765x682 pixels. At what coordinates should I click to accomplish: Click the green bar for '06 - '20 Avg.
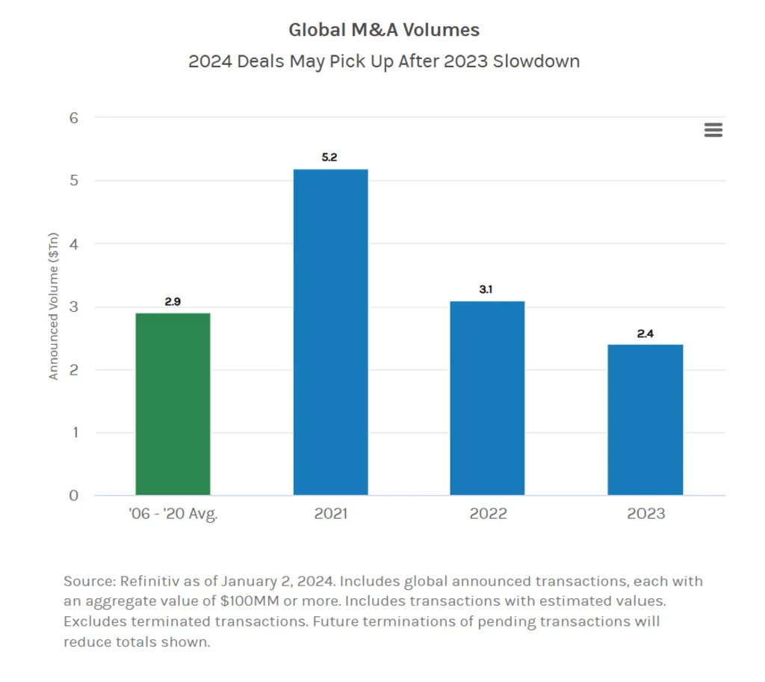[173, 404]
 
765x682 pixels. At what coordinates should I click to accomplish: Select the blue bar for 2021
[330, 332]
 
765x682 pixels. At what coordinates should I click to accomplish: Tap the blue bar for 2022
[487, 398]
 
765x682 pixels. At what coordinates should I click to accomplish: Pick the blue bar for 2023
[645, 420]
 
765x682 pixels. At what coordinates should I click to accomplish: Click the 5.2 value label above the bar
[330, 158]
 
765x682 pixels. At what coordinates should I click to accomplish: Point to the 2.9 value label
[173, 302]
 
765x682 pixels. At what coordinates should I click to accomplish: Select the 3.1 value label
[486, 289]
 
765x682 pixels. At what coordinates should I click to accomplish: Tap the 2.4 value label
[645, 334]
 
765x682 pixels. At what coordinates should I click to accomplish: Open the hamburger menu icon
[713, 130]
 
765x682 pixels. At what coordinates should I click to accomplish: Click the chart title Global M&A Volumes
[384, 31]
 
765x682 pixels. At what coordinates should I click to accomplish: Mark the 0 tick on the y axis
[75, 495]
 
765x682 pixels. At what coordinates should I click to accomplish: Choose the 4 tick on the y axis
[75, 244]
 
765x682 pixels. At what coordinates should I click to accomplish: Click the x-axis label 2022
[488, 514]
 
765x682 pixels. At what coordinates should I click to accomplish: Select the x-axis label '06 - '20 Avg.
[173, 514]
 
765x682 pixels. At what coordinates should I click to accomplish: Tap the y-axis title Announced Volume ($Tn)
[54, 307]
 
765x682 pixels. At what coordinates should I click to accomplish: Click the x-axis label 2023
[645, 514]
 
